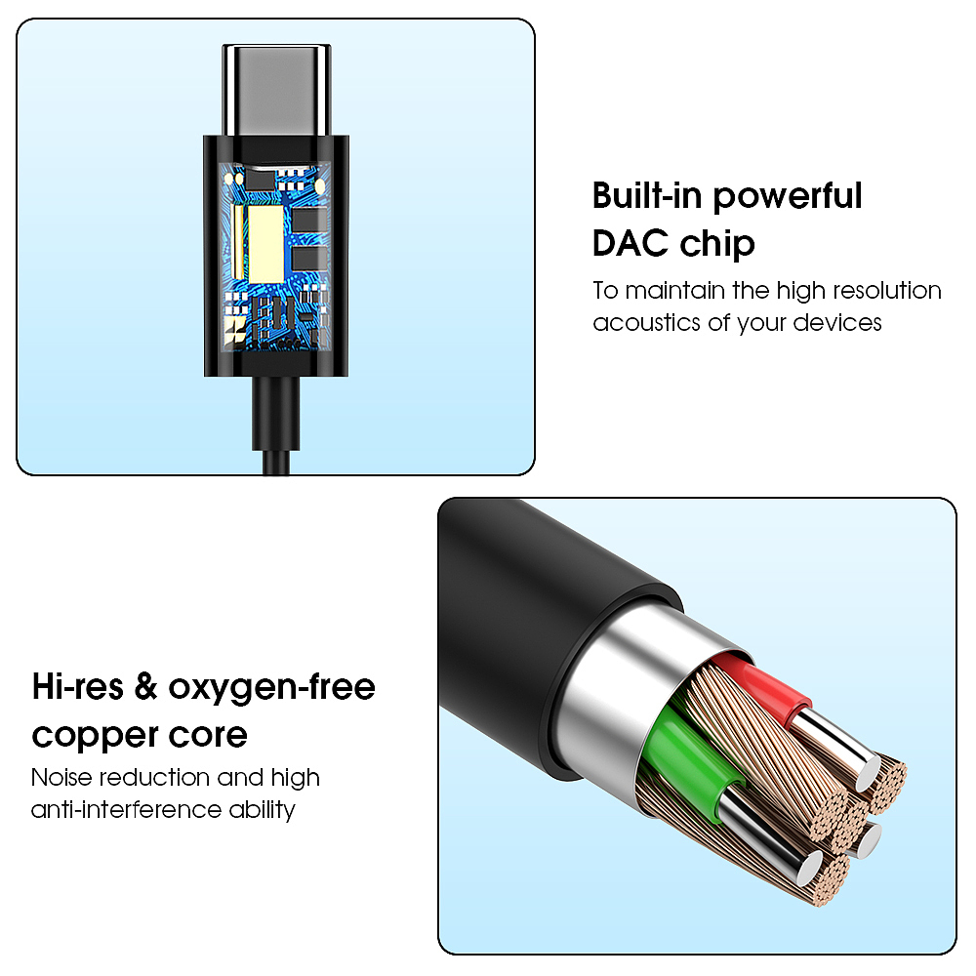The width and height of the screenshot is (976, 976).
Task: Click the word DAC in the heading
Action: [x=630, y=243]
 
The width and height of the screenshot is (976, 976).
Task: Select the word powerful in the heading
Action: [x=787, y=196]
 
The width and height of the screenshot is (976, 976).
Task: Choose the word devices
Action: [x=835, y=322]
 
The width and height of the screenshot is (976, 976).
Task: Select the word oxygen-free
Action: [x=271, y=688]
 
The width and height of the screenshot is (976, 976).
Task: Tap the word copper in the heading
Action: [x=88, y=735]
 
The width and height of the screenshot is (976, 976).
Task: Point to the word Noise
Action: [x=66, y=778]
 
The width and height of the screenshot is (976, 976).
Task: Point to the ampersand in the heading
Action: [x=145, y=687]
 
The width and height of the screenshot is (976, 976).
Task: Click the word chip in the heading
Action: [x=716, y=244]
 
